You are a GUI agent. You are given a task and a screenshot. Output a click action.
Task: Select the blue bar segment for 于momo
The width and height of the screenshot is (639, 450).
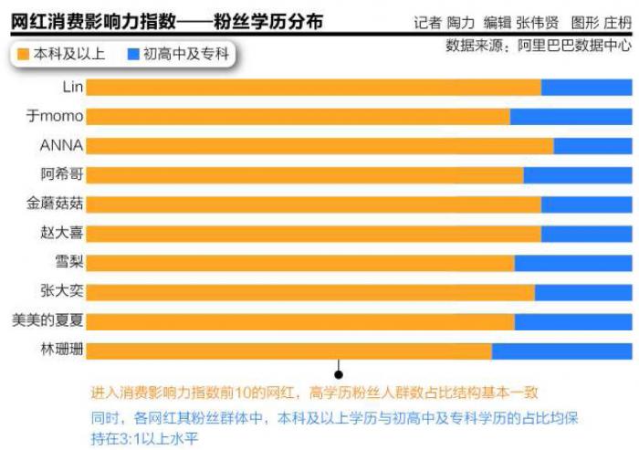click(571, 117)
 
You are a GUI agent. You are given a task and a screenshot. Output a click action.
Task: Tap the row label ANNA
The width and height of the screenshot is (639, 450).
click(62, 146)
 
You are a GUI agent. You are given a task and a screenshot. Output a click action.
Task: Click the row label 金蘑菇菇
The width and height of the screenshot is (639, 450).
click(56, 204)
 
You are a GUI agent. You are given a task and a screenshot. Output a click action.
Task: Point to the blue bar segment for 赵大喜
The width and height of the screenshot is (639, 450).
click(586, 234)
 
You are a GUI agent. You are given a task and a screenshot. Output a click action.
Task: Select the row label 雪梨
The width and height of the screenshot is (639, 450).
click(69, 263)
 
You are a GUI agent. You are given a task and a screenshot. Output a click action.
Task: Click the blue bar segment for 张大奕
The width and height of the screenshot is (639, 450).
click(583, 292)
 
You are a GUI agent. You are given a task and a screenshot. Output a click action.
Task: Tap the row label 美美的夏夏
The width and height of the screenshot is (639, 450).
click(47, 321)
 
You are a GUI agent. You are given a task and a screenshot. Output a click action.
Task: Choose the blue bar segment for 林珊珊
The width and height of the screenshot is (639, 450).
click(561, 351)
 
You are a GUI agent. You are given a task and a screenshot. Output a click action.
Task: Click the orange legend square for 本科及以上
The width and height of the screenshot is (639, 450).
click(24, 54)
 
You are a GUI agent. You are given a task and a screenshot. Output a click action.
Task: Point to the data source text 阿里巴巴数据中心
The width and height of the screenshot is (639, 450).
click(576, 44)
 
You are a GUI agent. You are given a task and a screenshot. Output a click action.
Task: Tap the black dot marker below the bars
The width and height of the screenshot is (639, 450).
click(339, 373)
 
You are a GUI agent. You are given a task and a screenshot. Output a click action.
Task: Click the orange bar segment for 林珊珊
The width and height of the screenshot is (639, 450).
click(288, 351)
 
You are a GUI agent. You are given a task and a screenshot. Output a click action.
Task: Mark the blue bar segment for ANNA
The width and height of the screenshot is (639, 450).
click(592, 146)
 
